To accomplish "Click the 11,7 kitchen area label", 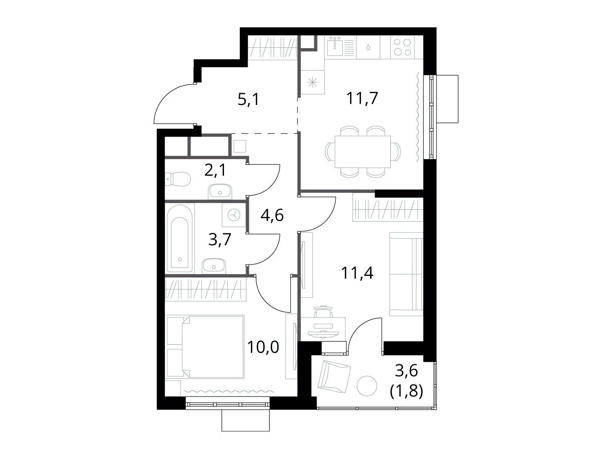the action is pos(362,98).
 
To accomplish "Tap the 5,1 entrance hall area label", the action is pos(248,100).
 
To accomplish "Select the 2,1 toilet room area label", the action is pos(215,170).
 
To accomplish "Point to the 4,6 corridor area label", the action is pos(272,215).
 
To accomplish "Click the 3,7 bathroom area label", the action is pos(220,239).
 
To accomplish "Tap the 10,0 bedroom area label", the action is pos(263,347).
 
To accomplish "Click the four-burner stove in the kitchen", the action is pos(402,47).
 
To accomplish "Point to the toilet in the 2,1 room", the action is pos(177,178).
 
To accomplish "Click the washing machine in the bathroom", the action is pos(234,215).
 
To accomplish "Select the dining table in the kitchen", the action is pos(362,152).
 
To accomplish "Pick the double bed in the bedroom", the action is pos(205,347).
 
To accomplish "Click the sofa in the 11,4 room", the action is pos(406,274).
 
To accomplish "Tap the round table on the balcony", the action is pos(367,386).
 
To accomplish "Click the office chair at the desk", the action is pos(324,311).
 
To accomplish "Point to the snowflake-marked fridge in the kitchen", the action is pos(313,82).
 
